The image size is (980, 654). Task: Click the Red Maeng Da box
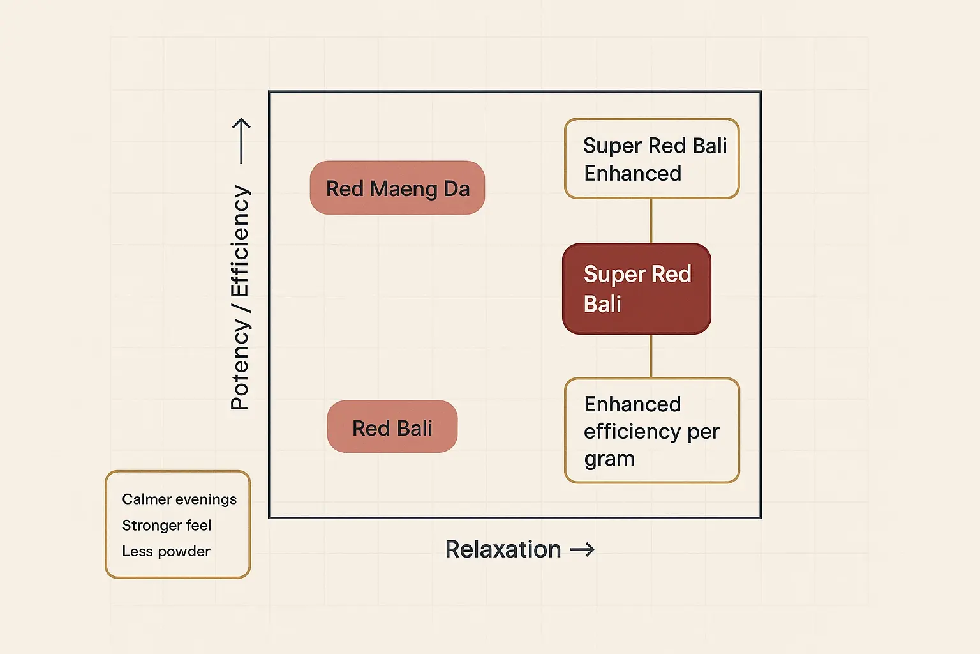click(x=397, y=188)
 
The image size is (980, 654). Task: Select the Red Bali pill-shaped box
click(x=392, y=427)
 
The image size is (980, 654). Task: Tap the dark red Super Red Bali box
click(x=636, y=289)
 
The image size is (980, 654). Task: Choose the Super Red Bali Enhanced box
click(x=651, y=158)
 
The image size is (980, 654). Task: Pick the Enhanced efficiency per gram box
click(x=651, y=430)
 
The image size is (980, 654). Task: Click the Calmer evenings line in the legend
click(x=179, y=499)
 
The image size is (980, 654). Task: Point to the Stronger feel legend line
click(x=167, y=526)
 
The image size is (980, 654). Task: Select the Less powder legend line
click(x=166, y=551)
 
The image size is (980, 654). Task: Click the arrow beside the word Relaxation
click(x=582, y=549)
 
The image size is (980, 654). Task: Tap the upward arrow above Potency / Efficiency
click(x=241, y=141)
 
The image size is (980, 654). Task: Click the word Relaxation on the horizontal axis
click(x=503, y=549)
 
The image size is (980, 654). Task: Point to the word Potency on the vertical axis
click(x=240, y=365)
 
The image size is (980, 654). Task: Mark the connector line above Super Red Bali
click(x=651, y=221)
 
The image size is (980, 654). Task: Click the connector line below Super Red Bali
click(x=651, y=356)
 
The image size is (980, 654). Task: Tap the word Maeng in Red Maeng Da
click(x=403, y=189)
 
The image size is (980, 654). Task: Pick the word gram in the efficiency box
click(x=609, y=459)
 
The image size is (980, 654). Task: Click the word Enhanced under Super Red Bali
click(x=632, y=174)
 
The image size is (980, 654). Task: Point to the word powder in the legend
click(x=184, y=552)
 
